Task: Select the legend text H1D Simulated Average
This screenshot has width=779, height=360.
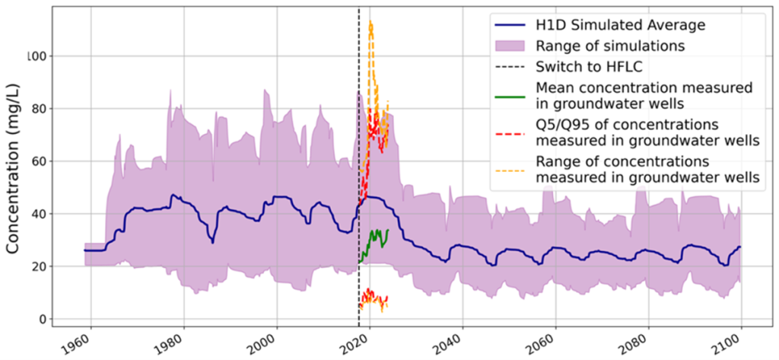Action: [620, 25]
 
